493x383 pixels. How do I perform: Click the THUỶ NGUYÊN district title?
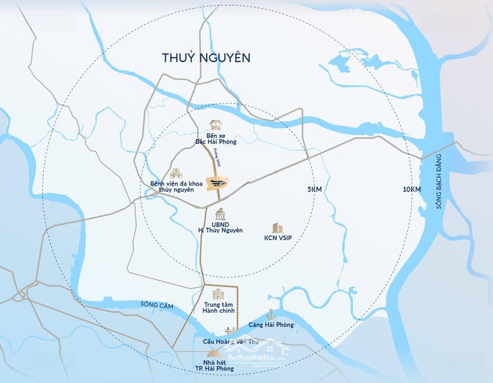pos(206,58)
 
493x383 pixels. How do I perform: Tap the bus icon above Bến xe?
pos(215,125)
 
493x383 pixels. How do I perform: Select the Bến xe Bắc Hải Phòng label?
pos(216,138)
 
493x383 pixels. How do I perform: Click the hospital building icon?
pos(176,173)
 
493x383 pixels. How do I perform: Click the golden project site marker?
pos(217,183)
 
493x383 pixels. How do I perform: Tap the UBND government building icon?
pos(220,214)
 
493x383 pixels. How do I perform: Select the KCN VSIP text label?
pos(278,238)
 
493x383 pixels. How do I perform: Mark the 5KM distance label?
pos(315,189)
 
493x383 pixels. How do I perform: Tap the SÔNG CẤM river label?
pos(157,305)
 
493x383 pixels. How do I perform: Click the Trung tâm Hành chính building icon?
pos(219,295)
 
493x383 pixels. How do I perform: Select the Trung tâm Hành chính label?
pos(219,308)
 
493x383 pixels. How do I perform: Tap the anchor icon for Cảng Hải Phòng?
pos(271,314)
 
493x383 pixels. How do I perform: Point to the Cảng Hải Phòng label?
pos(271,325)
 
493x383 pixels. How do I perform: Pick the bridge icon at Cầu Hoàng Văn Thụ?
pos(230,330)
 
